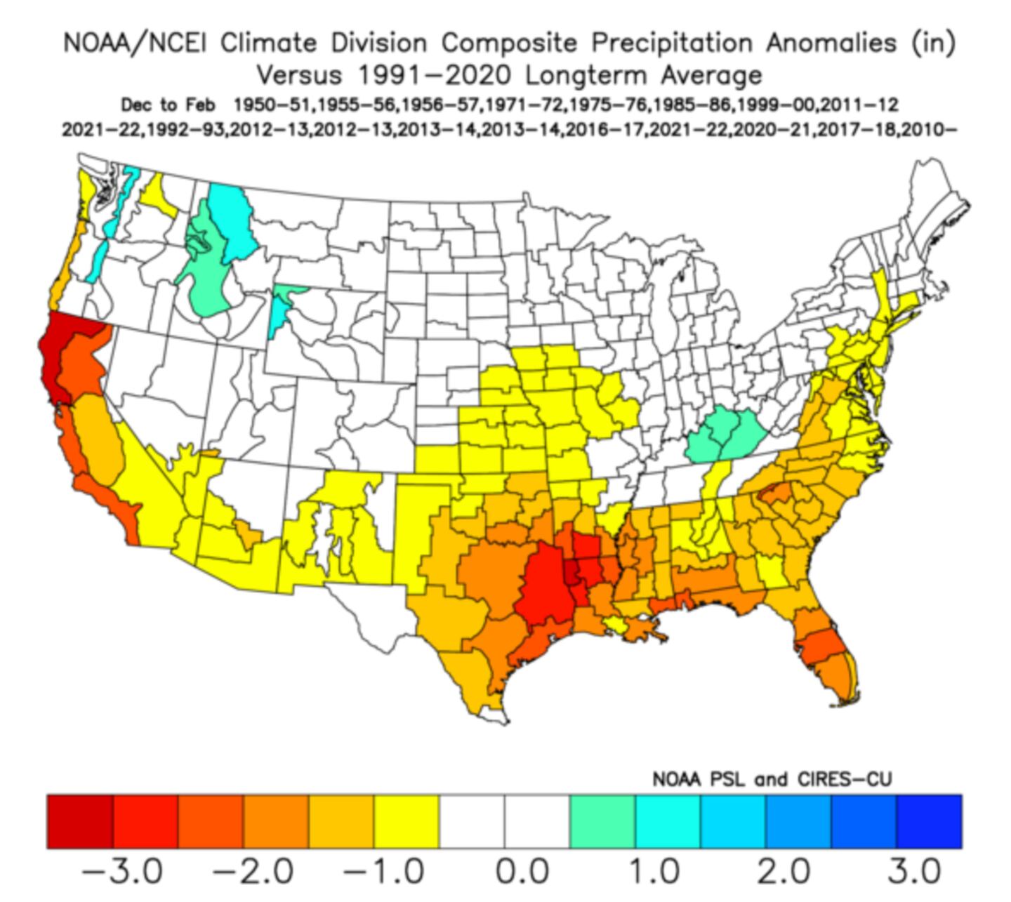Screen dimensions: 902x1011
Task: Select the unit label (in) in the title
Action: [932, 44]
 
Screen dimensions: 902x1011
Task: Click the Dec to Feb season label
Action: [166, 105]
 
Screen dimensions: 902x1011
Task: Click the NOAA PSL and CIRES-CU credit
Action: [772, 780]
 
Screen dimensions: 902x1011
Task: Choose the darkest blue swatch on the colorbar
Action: [929, 821]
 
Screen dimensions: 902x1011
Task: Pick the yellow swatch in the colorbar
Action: [407, 821]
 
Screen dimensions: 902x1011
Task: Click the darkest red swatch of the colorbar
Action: [80, 821]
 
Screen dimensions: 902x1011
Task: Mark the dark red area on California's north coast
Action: [56, 351]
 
